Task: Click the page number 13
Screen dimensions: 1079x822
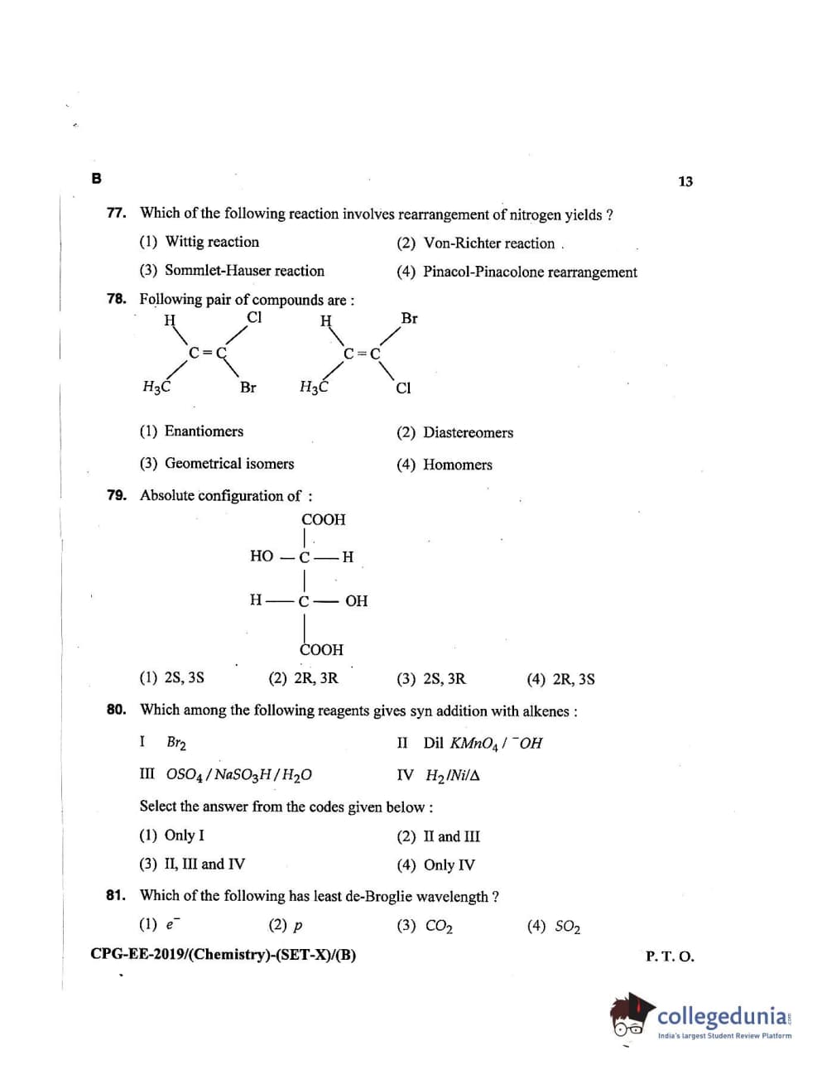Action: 685,181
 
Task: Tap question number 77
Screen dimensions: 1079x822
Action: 116,213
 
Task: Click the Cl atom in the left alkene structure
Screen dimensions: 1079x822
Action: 254,317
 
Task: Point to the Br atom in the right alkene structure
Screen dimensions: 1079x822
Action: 409,318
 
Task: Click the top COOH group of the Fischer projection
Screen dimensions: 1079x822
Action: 323,520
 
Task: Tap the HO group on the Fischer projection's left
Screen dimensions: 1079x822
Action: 262,556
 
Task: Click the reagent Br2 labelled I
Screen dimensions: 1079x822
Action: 175,743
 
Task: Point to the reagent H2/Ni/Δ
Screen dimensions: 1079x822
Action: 452,776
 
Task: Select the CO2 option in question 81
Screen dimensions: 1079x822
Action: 438,927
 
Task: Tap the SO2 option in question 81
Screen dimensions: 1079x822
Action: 567,927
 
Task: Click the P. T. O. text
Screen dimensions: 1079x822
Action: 670,956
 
